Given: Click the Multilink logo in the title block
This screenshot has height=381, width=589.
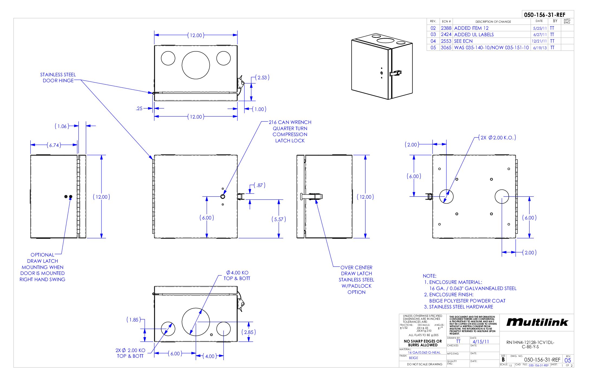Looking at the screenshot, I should tap(537, 322).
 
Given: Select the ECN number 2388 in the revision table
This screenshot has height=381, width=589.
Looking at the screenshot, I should tap(446, 28).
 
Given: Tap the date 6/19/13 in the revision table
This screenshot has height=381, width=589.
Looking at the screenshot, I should tap(540, 48).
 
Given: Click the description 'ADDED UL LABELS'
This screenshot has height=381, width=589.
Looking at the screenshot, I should tap(474, 35).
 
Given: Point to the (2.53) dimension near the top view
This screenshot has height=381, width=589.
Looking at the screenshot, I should tap(262, 78).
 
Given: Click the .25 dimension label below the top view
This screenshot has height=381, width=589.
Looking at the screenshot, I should tap(139, 109).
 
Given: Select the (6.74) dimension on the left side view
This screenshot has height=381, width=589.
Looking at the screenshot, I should tap(54, 145).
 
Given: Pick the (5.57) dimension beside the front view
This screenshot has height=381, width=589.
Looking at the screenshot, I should tap(279, 219).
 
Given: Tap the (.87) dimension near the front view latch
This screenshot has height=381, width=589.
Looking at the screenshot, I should tap(260, 185).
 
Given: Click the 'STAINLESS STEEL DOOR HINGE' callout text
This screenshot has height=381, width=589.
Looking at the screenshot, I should tap(58, 78).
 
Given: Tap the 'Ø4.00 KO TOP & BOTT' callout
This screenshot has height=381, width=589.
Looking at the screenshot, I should tap(237, 275).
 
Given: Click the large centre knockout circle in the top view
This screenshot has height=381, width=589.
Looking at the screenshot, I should tap(196, 65).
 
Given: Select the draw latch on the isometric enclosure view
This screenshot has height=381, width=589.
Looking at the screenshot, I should tap(396, 73).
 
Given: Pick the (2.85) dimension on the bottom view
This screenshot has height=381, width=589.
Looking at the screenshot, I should tap(248, 332).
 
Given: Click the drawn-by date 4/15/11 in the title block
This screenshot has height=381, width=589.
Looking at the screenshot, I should tap(481, 342).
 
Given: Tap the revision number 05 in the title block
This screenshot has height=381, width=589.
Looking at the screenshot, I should tap(568, 360).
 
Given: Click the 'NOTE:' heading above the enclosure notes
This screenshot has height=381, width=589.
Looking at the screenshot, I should tap(430, 276).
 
